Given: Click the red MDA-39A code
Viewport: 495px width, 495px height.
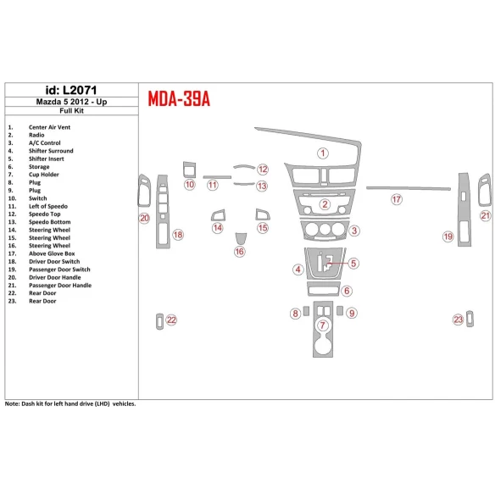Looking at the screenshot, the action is (179, 99).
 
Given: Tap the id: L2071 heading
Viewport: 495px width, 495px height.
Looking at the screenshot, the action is (71, 91).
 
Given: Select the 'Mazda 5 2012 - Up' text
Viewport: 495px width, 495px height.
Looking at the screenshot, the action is (71, 102).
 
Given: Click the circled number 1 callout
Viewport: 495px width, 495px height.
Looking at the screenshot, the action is (323, 153).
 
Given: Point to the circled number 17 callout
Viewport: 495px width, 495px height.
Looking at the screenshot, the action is (397, 199).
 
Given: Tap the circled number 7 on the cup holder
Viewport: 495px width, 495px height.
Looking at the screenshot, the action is (322, 325).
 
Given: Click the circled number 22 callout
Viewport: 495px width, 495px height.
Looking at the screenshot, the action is (171, 320).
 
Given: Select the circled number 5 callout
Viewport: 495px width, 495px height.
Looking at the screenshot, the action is (353, 264).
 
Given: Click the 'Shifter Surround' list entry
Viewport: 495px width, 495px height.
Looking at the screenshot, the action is (51, 151).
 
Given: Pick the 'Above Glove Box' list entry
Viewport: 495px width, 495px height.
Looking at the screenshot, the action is (52, 253).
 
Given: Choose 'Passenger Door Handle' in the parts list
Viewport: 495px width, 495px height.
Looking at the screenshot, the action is (60, 286).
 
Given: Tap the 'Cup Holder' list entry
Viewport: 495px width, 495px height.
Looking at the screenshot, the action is (43, 175).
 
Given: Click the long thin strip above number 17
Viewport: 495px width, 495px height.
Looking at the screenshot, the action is (409, 188).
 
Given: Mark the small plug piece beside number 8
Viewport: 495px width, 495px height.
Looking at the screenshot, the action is (306, 311).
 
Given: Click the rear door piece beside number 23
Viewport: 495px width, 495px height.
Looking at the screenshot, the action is (470, 319).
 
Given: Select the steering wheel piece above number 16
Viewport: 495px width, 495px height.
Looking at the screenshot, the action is (241, 238).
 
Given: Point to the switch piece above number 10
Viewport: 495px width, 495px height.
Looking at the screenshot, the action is (189, 170).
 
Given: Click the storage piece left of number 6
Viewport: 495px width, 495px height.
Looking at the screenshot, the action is (323, 288).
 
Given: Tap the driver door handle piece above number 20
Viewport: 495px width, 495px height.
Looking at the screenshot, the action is (144, 191).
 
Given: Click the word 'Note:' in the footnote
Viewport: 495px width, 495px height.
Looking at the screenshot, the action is (12, 403).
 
